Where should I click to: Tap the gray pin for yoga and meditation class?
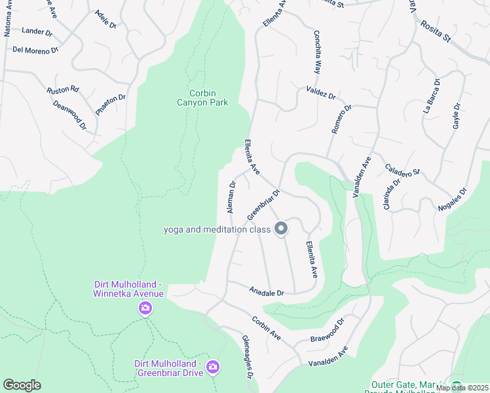(281, 229)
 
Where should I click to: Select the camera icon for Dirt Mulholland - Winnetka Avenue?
(145, 308)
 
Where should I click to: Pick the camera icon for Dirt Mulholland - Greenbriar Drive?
(212, 367)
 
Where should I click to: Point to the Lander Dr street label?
(37, 31)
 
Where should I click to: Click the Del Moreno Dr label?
(36, 49)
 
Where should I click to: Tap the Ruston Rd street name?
(63, 89)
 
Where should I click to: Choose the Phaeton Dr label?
(110, 105)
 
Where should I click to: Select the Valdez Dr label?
(320, 92)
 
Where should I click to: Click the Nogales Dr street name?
(452, 200)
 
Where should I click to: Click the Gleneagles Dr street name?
(248, 364)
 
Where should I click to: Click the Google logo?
(22, 385)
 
